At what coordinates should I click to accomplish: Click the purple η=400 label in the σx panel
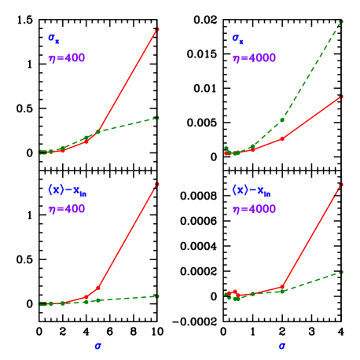(x=66, y=58)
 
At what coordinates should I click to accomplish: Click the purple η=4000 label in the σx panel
(x=253, y=58)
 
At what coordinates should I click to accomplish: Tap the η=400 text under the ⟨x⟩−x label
(x=66, y=209)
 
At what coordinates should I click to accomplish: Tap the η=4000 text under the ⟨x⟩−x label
(x=253, y=209)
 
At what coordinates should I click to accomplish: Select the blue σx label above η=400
(x=53, y=38)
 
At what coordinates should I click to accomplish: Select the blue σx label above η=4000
(x=237, y=38)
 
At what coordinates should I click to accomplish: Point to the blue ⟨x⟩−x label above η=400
(x=66, y=189)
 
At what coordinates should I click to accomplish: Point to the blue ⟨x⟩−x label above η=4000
(x=250, y=189)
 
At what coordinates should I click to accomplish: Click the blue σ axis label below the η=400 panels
(x=97, y=345)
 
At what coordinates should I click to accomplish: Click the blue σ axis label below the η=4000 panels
(x=281, y=345)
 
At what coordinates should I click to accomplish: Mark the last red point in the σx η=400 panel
(x=158, y=29)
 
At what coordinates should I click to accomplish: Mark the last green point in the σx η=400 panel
(x=158, y=118)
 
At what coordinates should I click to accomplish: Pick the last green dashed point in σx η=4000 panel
(x=341, y=21)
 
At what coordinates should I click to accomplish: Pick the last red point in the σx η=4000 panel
(x=341, y=97)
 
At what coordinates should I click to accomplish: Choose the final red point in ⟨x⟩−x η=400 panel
(x=157, y=185)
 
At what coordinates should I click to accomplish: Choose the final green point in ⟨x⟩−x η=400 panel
(x=157, y=296)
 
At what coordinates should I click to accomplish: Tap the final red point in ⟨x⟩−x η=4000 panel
(x=341, y=186)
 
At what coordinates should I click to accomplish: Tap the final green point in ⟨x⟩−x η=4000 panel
(x=341, y=272)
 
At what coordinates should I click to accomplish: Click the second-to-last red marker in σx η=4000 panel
(x=282, y=138)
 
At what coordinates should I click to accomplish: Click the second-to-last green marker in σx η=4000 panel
(x=282, y=120)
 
